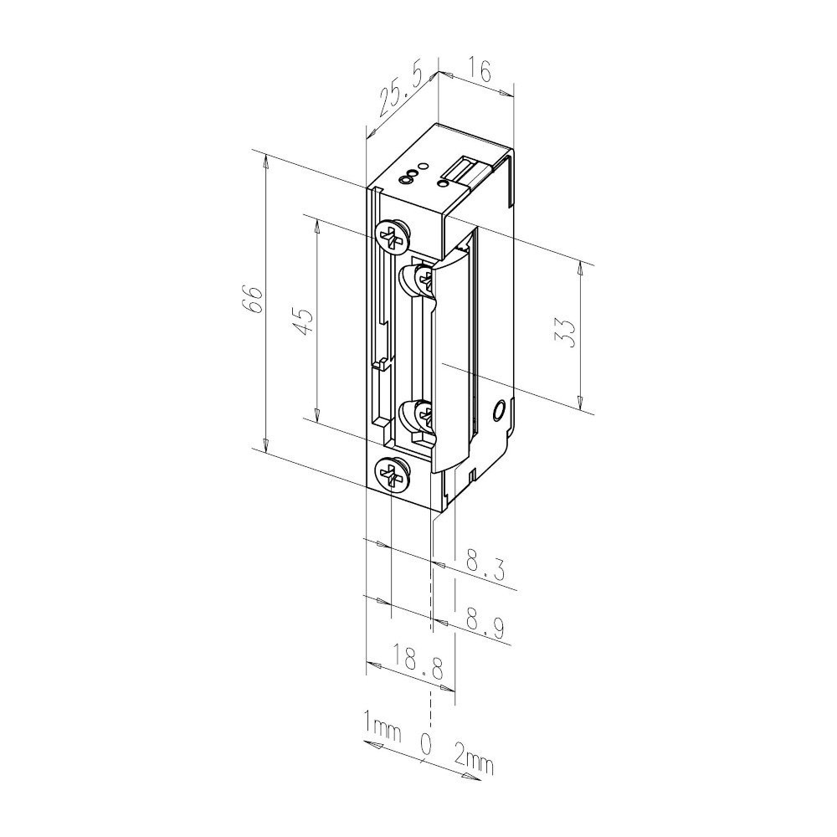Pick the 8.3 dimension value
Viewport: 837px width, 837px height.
485,568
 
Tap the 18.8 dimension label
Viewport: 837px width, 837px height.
418,662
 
